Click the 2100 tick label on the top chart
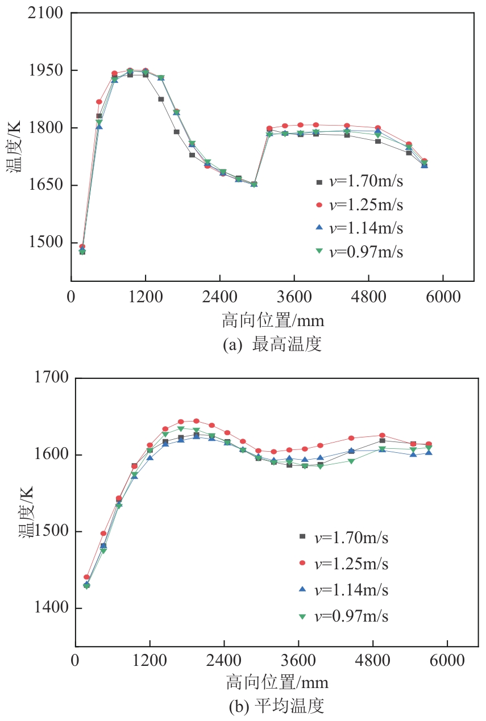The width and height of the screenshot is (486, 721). pos(46,13)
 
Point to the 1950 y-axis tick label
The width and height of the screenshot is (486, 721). pos(46,70)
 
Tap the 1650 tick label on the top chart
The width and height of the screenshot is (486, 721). pos(46,185)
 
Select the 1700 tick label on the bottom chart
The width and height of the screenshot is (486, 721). pos(52,377)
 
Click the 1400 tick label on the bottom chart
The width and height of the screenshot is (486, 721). pos(52,608)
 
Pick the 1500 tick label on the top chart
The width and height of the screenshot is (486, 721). pos(46,243)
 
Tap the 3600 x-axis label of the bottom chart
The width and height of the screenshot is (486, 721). pos(298,661)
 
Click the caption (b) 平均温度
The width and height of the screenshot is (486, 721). pos(276,707)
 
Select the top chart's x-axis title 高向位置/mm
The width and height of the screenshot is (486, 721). pos(273,321)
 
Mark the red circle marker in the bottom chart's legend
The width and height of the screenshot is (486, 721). pos(302,564)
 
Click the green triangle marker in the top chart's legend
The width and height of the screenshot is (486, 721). pos(319,251)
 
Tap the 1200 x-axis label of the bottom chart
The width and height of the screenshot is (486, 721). pos(150,661)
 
